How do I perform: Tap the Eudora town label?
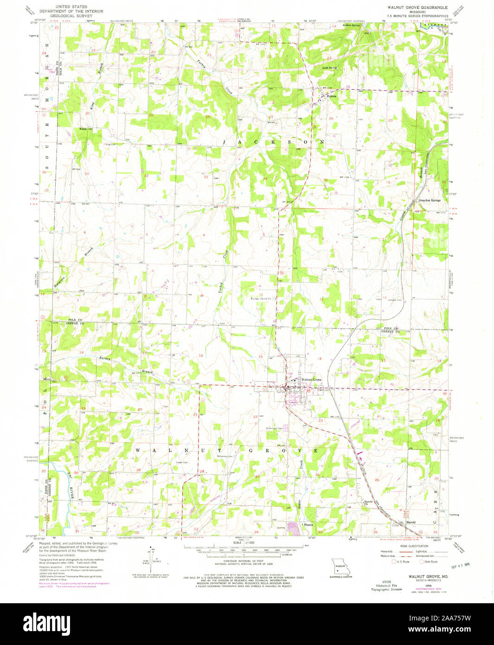coord(331,96)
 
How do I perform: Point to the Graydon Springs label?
coord(430,200)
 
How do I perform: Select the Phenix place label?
coord(308,524)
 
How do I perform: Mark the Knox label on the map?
coord(83,129)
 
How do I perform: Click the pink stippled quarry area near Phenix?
coord(293,528)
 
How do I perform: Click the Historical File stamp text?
coord(390,586)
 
